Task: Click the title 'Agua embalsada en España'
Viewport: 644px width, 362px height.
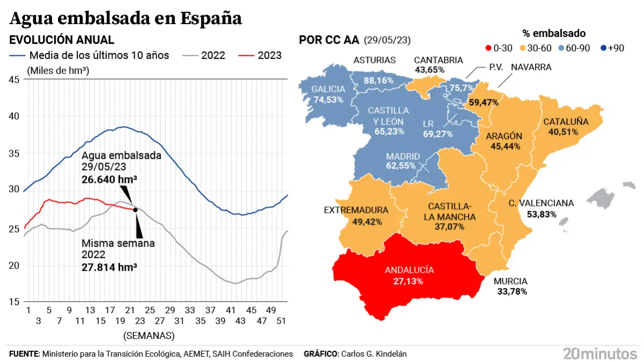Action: [126, 18]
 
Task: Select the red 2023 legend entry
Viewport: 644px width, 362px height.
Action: [260, 55]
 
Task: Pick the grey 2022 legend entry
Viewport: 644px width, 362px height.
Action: [204, 55]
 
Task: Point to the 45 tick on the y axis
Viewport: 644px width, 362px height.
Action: [14, 79]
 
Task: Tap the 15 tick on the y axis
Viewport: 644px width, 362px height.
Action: [14, 302]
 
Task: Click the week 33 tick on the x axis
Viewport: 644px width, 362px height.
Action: [190, 311]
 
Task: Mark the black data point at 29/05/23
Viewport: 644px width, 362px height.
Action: [135, 210]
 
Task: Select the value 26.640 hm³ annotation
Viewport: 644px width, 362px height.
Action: [109, 180]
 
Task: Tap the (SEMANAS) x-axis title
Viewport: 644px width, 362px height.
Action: [149, 336]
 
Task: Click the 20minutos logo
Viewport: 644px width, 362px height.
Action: [599, 353]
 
